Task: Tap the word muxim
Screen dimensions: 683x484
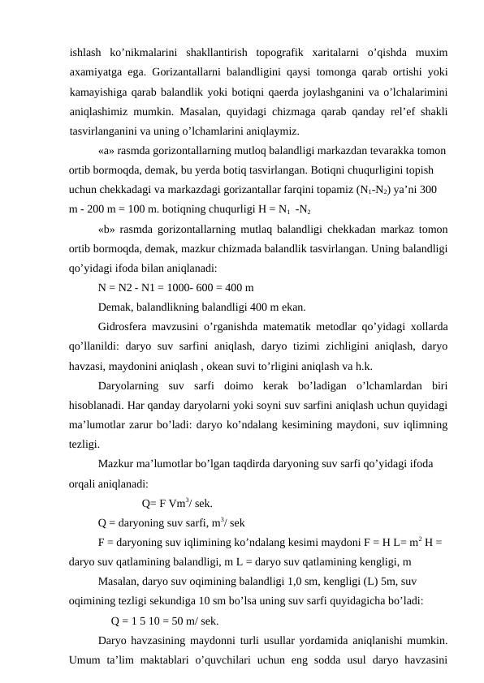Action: pyautogui.click(x=432, y=53)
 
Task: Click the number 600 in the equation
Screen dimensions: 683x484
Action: pyautogui.click(x=214, y=286)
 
